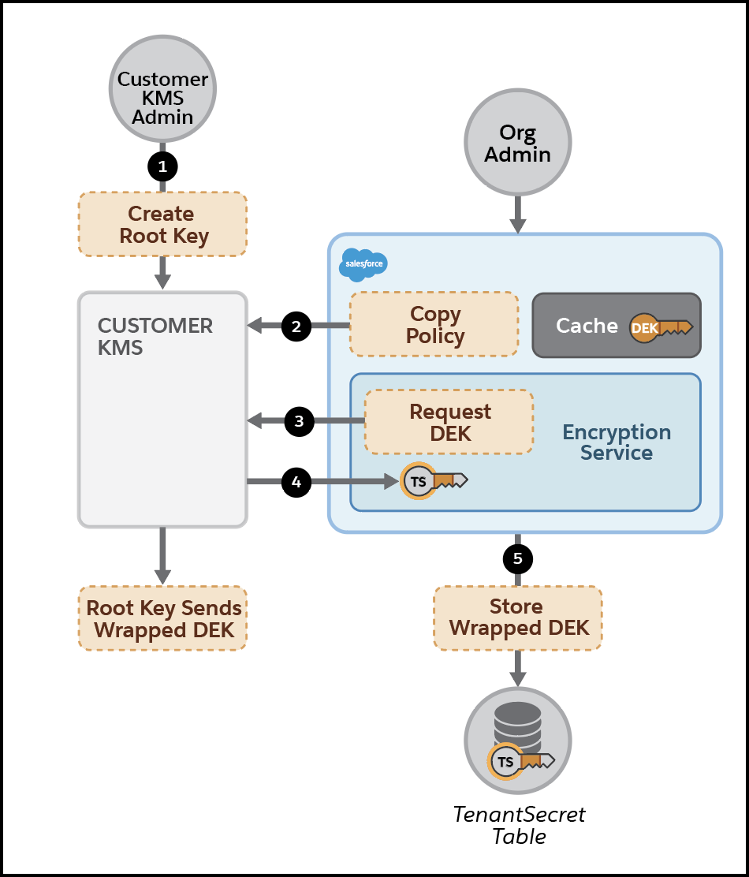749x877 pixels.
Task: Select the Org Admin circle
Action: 517,144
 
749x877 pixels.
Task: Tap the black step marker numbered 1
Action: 162,166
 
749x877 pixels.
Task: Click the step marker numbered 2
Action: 296,326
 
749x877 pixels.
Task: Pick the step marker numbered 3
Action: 299,422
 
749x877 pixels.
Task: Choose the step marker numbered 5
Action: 518,559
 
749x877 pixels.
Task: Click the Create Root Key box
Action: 162,225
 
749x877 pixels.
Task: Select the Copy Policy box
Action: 434,324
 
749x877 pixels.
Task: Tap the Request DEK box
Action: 449,422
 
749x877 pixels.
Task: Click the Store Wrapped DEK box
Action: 518,618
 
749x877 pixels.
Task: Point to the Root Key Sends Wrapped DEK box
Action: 162,619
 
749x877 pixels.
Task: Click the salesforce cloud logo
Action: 363,264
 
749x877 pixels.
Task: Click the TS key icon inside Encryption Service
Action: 433,480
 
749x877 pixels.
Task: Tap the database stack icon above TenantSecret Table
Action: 517,722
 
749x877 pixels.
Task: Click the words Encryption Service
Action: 617,442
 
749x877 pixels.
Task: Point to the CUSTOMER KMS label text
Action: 155,336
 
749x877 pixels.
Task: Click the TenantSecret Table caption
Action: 519,825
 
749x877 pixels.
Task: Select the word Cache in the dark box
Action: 587,326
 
